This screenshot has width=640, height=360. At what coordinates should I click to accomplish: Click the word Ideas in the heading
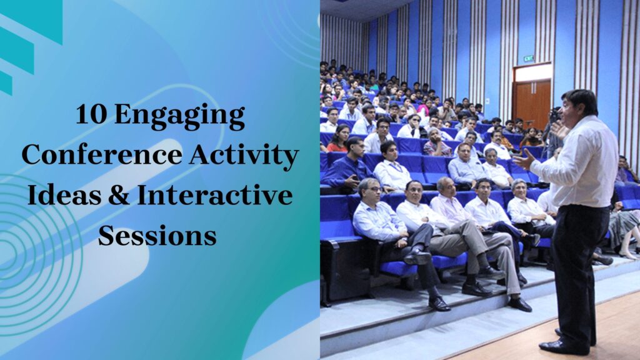point(60,195)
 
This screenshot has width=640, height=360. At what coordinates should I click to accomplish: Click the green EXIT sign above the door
point(528,58)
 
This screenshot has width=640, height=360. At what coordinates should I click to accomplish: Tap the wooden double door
point(531,100)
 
